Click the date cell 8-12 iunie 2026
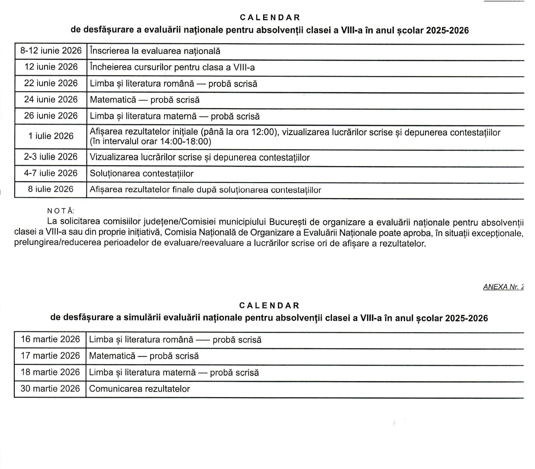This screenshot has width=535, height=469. (51, 51)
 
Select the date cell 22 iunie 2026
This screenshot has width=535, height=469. (51, 83)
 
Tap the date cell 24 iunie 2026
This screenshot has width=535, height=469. (51, 100)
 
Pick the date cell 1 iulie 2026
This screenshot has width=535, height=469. (51, 136)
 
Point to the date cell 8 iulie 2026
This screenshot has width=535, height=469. (51, 189)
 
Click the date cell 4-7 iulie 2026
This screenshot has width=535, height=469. (51, 173)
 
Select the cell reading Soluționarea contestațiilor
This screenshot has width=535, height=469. (142, 173)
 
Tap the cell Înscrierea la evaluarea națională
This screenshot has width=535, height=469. (155, 51)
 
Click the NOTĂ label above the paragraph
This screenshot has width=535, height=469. (61, 211)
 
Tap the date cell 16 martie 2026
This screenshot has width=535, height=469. (50, 339)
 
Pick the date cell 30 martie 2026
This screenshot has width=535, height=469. (50, 389)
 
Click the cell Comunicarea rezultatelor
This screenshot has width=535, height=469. (139, 389)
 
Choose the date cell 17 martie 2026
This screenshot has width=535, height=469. (50, 356)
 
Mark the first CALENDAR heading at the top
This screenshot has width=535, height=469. (270, 18)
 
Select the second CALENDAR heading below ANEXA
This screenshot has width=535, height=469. (269, 306)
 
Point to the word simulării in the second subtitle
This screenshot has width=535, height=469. (142, 318)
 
